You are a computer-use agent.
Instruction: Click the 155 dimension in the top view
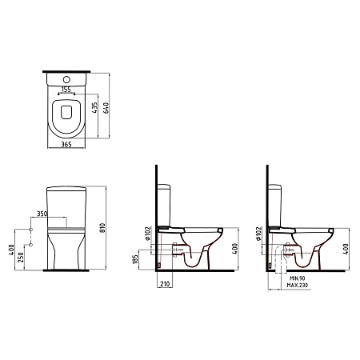(66, 90)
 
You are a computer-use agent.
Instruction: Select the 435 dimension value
(94, 108)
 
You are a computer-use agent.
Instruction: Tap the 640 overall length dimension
(106, 108)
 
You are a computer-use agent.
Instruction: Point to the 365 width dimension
(66, 144)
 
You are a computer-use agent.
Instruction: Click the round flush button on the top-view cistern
(66, 79)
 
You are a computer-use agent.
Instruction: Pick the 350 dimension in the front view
(42, 214)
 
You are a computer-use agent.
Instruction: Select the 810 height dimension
(102, 228)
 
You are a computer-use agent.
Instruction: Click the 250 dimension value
(21, 258)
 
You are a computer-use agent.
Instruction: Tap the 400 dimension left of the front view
(11, 250)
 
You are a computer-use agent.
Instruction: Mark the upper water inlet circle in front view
(31, 230)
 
